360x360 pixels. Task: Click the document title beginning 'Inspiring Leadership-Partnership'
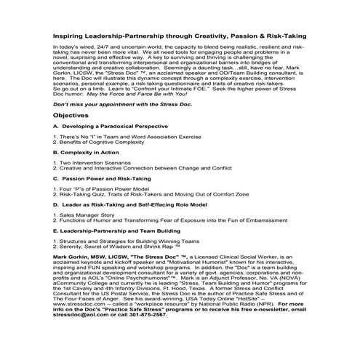180,34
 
